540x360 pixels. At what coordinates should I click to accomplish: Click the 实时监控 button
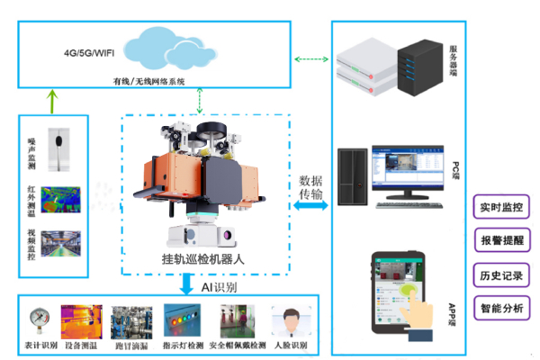[499, 208]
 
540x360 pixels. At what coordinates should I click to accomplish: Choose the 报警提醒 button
[499, 241]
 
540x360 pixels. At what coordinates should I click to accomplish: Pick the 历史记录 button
[499, 274]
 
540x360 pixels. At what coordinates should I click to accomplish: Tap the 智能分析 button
[499, 308]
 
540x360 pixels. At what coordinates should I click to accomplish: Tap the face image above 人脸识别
[288, 321]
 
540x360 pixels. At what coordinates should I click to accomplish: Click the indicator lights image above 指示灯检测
[184, 319]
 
